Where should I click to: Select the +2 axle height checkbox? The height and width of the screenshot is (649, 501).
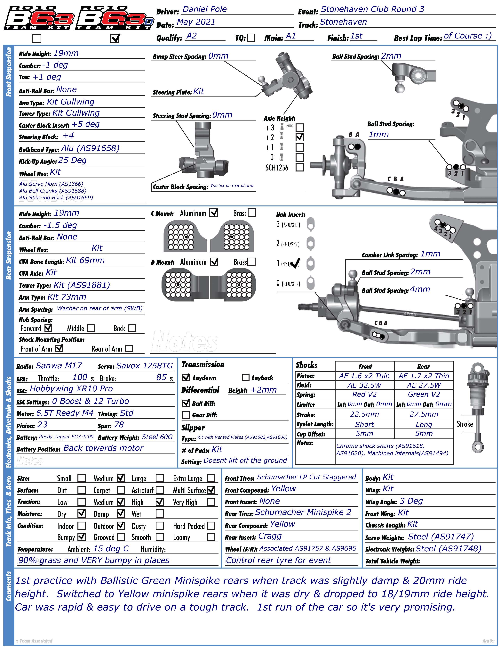[300, 137]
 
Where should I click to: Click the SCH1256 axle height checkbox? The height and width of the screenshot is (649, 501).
[300, 167]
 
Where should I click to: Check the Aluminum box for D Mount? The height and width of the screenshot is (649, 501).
[214, 262]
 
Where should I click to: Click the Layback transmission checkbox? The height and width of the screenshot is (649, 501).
[245, 377]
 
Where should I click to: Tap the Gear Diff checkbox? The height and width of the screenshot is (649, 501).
[186, 415]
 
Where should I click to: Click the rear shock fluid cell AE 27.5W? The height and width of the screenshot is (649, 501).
[424, 385]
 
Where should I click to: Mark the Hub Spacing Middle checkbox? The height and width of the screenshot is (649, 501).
[91, 328]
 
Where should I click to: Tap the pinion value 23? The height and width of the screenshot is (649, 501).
[43, 425]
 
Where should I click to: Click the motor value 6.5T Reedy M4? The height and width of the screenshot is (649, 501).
[65, 413]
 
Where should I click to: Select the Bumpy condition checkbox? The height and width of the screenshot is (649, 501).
[81, 537]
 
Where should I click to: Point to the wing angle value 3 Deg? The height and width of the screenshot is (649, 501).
[411, 501]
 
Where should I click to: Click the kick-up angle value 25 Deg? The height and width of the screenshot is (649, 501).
[72, 161]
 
